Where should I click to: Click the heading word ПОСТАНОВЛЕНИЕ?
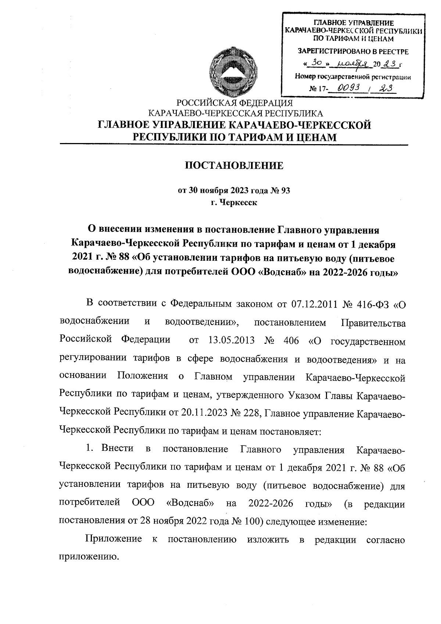pyautogui.click(x=234, y=165)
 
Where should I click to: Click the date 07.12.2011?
pyautogui.click(x=314, y=304)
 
